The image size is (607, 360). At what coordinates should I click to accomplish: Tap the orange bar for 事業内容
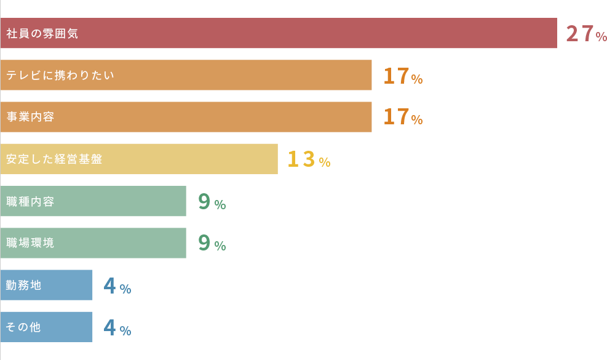215,117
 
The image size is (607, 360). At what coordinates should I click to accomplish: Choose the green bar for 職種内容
123,201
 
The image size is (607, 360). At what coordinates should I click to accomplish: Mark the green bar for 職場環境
123,243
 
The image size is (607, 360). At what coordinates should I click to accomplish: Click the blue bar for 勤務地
68,285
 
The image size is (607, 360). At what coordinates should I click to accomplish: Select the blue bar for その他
68,327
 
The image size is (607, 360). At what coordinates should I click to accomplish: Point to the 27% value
586,34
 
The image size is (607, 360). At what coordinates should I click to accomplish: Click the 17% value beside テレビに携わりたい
403,76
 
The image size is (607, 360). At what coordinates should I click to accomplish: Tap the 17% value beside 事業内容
403,117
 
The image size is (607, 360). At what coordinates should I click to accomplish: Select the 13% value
309,160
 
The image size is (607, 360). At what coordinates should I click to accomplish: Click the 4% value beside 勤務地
117,286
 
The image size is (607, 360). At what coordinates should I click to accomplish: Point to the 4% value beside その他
117,328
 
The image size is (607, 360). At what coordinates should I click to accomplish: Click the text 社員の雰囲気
42,34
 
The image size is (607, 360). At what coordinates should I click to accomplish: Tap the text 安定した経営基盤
54,159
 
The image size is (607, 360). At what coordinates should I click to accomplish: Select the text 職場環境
30,243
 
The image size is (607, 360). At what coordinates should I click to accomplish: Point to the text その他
23,327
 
